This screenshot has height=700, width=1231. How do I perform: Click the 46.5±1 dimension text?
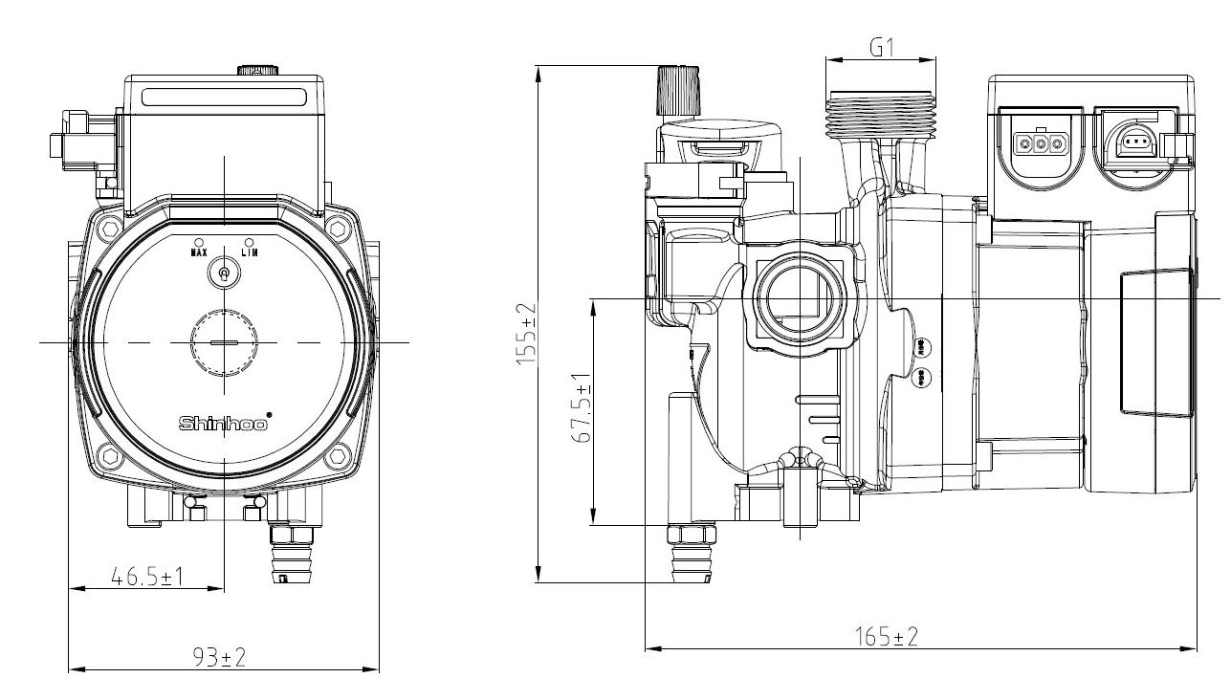click(x=147, y=577)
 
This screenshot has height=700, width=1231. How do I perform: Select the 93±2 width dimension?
click(x=219, y=657)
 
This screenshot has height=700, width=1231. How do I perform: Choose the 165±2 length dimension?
click(x=886, y=637)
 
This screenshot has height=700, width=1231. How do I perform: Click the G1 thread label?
click(x=881, y=47)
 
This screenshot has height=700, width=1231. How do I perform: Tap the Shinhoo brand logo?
click(x=224, y=423)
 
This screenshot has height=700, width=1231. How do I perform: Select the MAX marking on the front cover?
click(x=199, y=252)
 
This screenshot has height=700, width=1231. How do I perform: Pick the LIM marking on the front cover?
click(x=249, y=252)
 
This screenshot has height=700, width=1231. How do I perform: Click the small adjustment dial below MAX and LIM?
click(x=224, y=274)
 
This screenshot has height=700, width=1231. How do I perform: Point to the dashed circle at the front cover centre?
click(x=224, y=342)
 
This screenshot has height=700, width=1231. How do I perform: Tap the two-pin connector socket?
click(x=1135, y=142)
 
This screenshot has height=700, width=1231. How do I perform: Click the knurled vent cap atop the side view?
click(x=679, y=91)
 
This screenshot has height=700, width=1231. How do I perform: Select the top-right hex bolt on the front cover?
click(x=336, y=228)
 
